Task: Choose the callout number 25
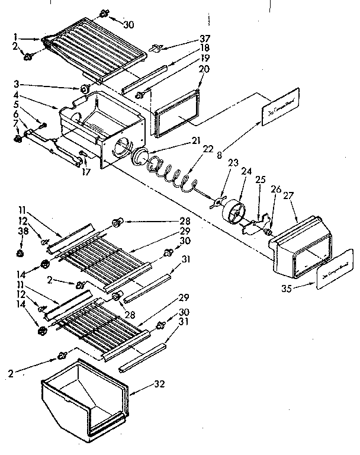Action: pos(260,179)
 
